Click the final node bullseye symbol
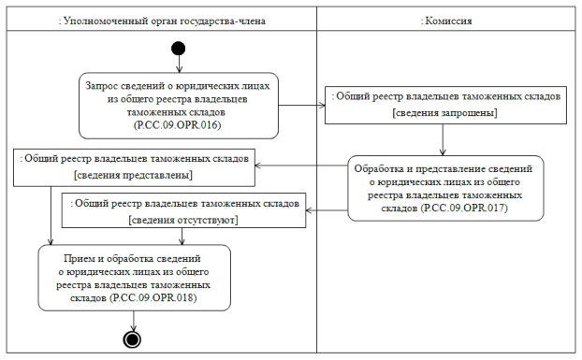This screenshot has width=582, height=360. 132,338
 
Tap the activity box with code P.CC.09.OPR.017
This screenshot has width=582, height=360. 446,187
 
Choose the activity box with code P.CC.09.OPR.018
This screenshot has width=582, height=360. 132,277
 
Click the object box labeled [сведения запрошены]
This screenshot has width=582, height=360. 444,104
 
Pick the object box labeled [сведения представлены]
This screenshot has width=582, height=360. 133,166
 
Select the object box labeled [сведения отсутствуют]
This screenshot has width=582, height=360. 183,210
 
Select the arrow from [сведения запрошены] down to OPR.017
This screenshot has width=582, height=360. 443,138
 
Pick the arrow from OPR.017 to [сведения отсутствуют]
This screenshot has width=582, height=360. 327,211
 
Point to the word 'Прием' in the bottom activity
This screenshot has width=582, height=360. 79,256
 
